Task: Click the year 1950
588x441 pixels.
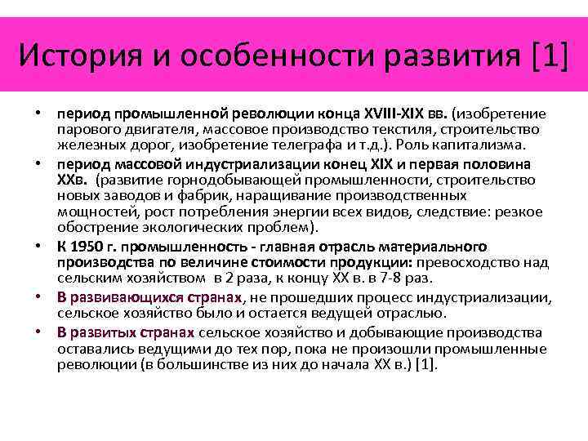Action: point(87,246)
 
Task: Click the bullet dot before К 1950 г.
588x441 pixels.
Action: point(39,247)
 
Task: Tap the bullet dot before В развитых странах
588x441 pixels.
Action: point(39,333)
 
